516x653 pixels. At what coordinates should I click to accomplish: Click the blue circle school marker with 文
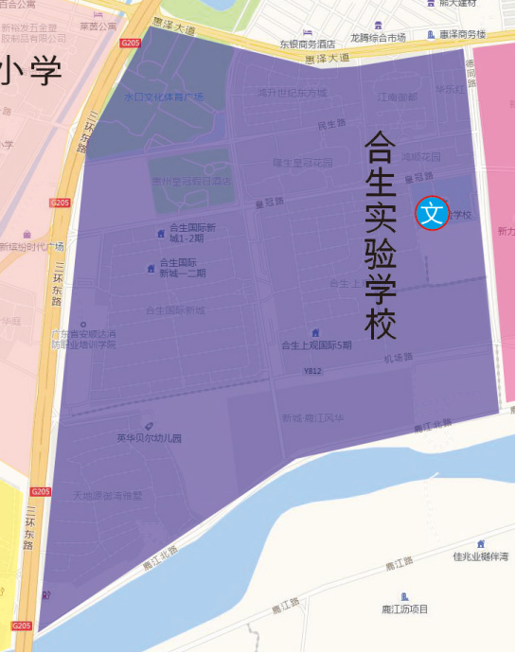pyautogui.click(x=432, y=213)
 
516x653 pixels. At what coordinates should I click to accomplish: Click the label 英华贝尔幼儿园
pyautogui.click(x=149, y=438)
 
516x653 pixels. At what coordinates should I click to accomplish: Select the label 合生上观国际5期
pyautogui.click(x=316, y=345)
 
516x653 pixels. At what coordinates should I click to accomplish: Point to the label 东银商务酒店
pyautogui.click(x=307, y=44)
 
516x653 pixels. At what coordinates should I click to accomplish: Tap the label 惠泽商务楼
pyautogui.click(x=462, y=34)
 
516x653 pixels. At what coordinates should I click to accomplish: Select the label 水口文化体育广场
pyautogui.click(x=151, y=97)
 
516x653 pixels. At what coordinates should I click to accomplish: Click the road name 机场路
pyautogui.click(x=399, y=358)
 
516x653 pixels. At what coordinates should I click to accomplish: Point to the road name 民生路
pyautogui.click(x=332, y=125)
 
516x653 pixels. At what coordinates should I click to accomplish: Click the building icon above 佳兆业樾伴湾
pyautogui.click(x=481, y=543)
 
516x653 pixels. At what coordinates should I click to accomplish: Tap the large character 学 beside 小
pyautogui.click(x=44, y=70)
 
